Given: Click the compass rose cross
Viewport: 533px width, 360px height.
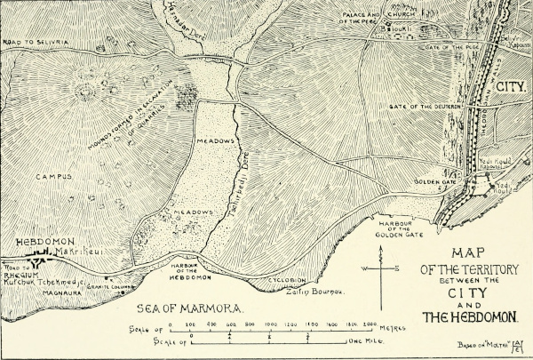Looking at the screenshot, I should pos(384,268).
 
